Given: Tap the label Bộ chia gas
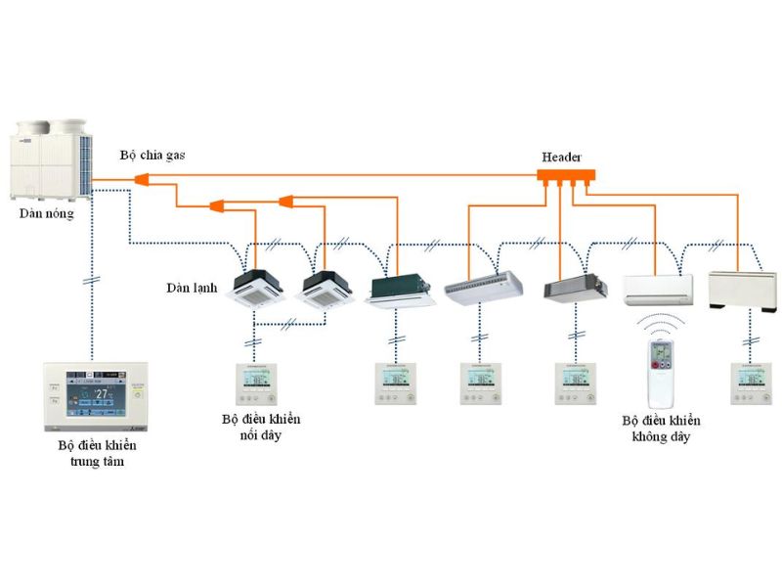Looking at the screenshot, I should tap(152, 155).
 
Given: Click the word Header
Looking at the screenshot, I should tap(561, 157).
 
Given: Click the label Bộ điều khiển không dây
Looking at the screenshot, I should tap(662, 429).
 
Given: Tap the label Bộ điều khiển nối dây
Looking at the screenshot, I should tap(260, 427).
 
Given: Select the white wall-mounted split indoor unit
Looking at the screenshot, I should tap(658, 289).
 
